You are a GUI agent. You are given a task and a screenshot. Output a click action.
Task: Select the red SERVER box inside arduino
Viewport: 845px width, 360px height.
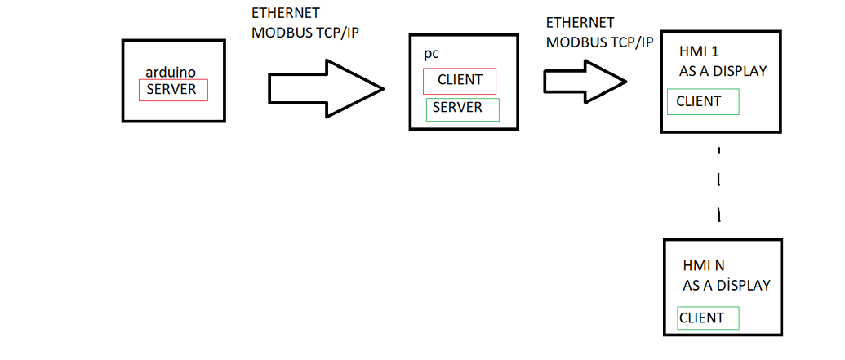(173, 90)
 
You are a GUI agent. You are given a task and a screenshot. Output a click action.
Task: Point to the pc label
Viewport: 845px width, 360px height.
(431, 54)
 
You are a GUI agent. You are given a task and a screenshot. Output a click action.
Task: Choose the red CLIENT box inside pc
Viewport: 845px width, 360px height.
(460, 81)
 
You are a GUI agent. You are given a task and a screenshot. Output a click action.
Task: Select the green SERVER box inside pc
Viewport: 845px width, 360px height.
(462, 109)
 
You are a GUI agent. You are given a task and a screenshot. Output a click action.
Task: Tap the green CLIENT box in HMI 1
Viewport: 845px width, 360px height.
(703, 102)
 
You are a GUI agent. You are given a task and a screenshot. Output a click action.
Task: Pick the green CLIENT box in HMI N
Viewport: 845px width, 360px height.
(708, 318)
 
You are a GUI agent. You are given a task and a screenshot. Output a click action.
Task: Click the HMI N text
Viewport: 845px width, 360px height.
(704, 266)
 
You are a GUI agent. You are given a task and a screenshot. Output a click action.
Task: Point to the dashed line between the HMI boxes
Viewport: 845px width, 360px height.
(718, 184)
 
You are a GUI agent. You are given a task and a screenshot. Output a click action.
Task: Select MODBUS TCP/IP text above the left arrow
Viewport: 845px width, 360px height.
(305, 33)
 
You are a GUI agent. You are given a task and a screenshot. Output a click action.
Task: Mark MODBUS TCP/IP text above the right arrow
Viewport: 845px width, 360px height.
(600, 42)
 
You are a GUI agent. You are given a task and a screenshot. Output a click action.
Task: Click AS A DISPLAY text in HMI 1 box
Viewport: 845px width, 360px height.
(723, 71)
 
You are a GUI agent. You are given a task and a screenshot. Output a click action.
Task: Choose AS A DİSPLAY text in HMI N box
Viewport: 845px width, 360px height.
(727, 286)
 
